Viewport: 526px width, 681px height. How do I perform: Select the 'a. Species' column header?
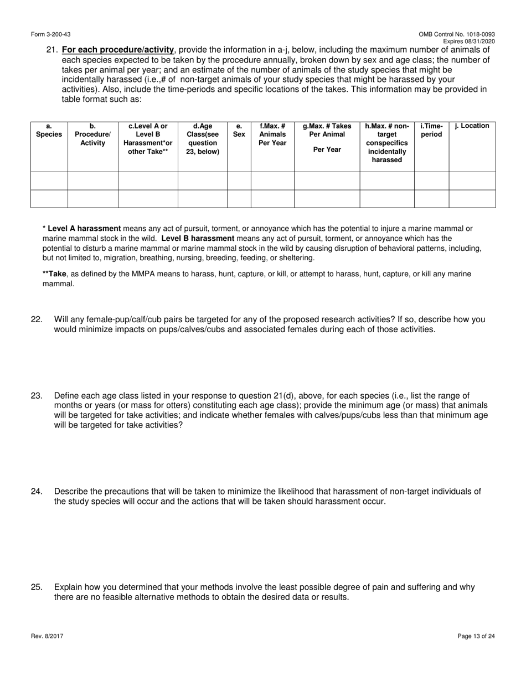(x=49, y=130)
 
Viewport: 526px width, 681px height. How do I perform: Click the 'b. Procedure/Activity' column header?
(x=92, y=135)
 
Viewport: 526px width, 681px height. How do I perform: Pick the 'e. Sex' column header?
(x=239, y=130)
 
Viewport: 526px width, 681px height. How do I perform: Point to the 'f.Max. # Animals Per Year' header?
(x=272, y=135)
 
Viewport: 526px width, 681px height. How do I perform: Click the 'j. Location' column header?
(x=472, y=126)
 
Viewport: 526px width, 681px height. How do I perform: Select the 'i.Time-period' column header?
(x=431, y=130)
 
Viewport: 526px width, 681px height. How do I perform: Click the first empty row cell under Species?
(x=49, y=181)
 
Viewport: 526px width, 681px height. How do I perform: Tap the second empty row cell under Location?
(x=472, y=199)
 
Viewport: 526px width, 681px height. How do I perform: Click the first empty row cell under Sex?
(x=239, y=181)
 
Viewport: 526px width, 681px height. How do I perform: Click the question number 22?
(x=37, y=319)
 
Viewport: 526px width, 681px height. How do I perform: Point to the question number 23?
(x=37, y=396)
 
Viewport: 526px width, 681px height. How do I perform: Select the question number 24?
(x=37, y=492)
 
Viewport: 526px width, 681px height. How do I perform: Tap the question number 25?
(x=37, y=587)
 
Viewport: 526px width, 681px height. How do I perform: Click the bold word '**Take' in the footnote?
(x=54, y=274)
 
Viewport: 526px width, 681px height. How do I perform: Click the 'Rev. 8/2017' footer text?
(x=47, y=637)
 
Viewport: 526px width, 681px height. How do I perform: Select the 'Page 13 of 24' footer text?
(x=476, y=637)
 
